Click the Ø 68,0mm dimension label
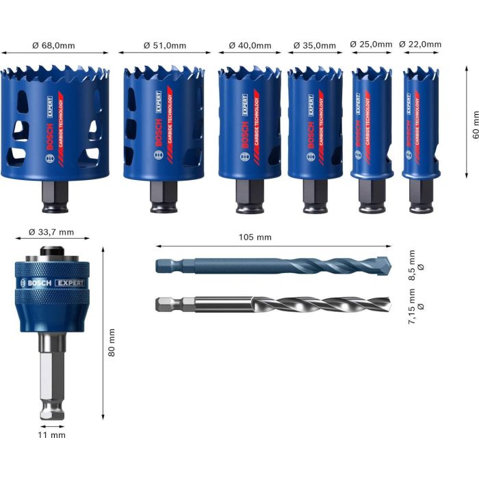(x=53, y=46)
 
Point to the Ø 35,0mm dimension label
(x=315, y=46)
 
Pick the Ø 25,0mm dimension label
(x=372, y=44)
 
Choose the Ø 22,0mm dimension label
(x=420, y=44)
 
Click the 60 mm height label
(x=472, y=126)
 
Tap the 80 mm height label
(x=112, y=341)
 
